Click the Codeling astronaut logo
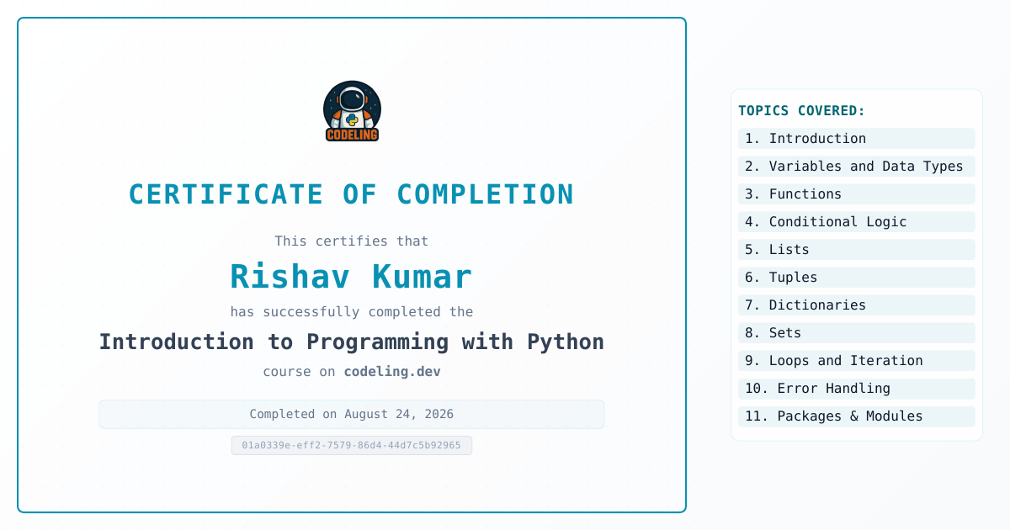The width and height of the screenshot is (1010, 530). pos(352,111)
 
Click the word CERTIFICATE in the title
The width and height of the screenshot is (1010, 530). pos(226,194)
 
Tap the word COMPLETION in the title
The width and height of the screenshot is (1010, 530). pos(485,194)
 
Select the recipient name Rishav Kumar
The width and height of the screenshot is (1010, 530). pos(351,276)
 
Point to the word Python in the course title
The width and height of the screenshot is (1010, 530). pos(566,342)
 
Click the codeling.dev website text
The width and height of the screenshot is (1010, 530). pos(392,371)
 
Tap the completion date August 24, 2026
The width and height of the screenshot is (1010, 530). pos(399,414)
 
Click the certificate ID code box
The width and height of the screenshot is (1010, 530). pos(352,445)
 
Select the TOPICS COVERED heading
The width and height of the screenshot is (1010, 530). pos(801,110)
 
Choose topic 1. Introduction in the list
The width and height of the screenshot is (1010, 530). pos(857,138)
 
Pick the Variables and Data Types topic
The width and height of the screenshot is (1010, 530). pos(857,167)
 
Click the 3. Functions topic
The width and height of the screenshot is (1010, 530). pos(857,194)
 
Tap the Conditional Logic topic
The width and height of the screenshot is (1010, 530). pos(857,222)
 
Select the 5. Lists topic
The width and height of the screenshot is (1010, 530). pos(857,250)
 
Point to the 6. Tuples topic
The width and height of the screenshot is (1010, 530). pos(857,277)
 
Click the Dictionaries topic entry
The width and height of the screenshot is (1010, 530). pos(857,305)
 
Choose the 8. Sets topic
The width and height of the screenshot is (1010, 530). pos(857,333)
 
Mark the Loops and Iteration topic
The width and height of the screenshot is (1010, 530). pos(857,361)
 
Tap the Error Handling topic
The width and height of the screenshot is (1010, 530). pos(857,389)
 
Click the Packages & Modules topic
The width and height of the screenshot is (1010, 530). pos(857,416)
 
